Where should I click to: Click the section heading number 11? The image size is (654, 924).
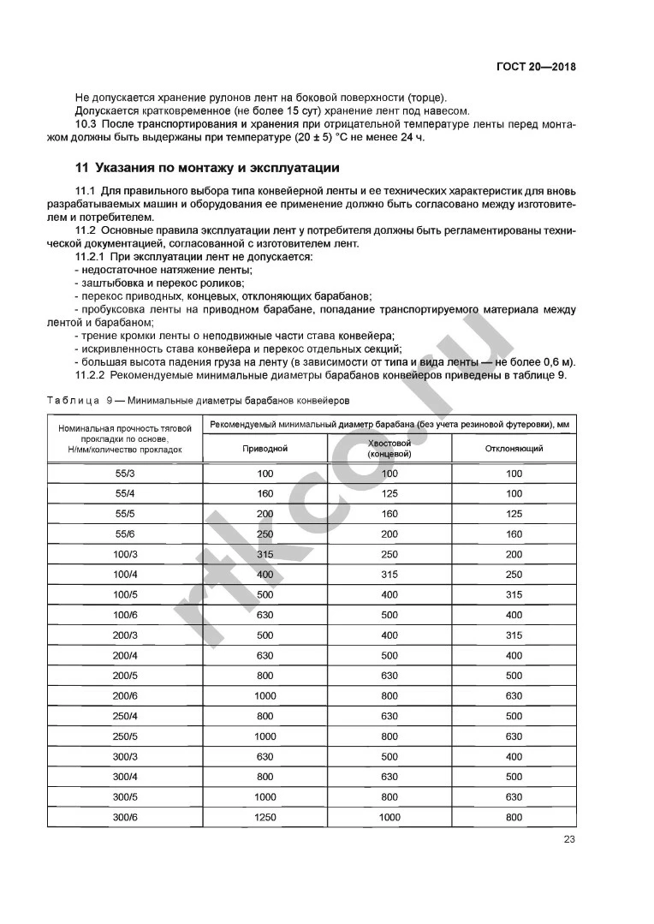pos(82,167)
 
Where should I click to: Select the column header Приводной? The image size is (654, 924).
pos(265,448)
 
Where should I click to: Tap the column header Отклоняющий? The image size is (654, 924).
pos(514,448)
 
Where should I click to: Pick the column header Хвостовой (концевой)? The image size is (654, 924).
pos(389,448)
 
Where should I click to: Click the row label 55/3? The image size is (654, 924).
pos(125,474)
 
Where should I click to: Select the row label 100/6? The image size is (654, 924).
pos(125,615)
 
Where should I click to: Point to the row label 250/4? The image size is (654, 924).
pos(125,716)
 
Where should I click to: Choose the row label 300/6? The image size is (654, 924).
pos(125,817)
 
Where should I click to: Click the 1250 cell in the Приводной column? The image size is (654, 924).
pos(265,817)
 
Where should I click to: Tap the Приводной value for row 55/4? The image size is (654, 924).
pos(265,494)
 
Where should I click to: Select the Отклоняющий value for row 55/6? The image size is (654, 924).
pos(514,534)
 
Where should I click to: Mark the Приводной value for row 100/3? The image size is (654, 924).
pos(265,554)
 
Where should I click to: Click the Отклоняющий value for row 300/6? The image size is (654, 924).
pos(514,817)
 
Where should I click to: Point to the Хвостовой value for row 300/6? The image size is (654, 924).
pos(389,817)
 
